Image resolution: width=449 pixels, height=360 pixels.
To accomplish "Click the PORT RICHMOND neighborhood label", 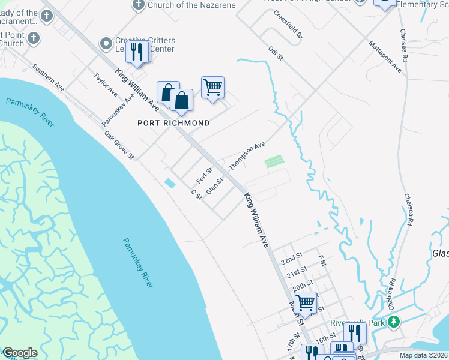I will [173, 123].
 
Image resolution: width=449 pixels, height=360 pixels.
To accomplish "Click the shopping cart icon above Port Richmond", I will [212, 88].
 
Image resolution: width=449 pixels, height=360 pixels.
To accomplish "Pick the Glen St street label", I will [215, 185].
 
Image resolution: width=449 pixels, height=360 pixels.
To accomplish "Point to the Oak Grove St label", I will [118, 145].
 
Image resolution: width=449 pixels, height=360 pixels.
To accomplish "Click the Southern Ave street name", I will [49, 77].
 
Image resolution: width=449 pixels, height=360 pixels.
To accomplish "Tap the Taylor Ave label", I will [106, 85].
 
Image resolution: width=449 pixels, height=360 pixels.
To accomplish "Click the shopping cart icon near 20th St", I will [306, 302].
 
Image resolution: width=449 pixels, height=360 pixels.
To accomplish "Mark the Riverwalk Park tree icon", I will [394, 323].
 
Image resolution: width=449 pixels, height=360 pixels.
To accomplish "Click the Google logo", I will [20, 352].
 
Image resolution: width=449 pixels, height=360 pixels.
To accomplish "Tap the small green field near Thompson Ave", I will [274, 161].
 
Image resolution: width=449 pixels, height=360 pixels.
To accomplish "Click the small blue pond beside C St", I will [170, 183].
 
